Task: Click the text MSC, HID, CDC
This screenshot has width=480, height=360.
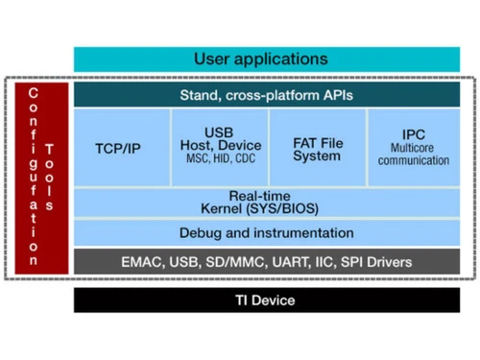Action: (219, 158)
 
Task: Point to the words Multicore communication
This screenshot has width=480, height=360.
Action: (413, 155)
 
